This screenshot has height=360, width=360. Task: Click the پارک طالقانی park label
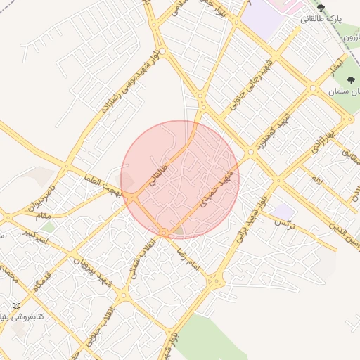[321, 19]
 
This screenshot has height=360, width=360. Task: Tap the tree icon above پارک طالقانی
[321, 8]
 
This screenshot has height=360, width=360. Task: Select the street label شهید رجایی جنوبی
[250, 87]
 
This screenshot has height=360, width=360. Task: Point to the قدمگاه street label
[44, 276]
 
